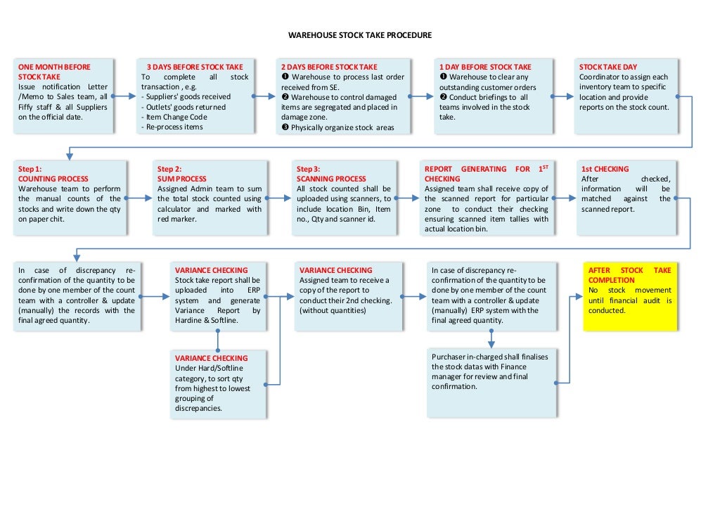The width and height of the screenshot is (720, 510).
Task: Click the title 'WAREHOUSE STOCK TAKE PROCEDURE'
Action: click(359, 34)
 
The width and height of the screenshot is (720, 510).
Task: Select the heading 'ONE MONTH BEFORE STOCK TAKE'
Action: click(54, 71)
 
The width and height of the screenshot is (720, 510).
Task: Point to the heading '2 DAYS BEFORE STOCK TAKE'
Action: click(328, 67)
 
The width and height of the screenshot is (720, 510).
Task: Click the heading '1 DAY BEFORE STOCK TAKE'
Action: click(485, 67)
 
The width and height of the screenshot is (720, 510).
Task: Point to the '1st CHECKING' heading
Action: click(605, 169)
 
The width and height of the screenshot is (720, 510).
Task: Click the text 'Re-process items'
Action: click(174, 127)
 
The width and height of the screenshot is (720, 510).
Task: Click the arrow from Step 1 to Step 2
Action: click(140, 199)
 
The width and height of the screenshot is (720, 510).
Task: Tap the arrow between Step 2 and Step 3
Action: click(280, 199)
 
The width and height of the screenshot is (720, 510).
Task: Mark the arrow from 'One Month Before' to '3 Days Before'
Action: click(124, 96)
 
